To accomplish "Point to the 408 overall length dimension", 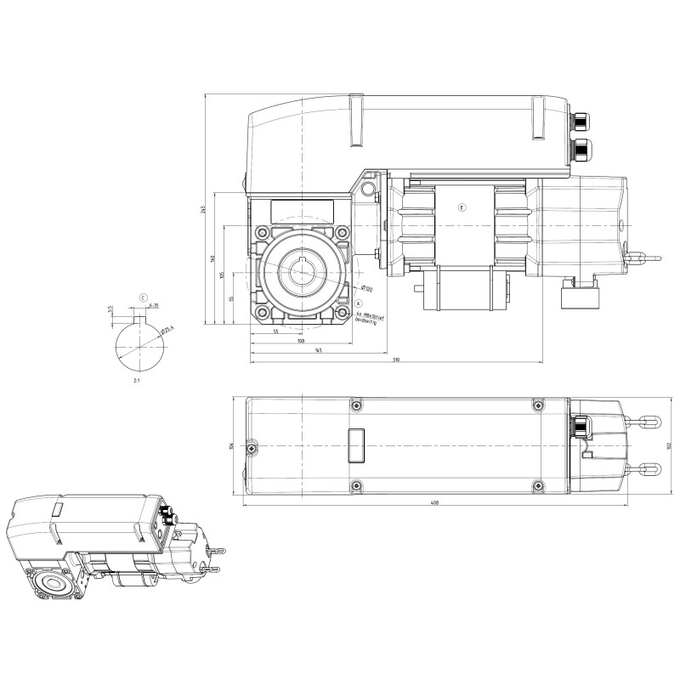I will (434, 503).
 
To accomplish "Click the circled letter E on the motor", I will (462, 207).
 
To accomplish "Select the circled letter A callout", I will (359, 303).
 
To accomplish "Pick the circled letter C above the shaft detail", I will (142, 297).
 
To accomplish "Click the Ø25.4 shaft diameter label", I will (167, 327).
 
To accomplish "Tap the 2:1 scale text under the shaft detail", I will (137, 382).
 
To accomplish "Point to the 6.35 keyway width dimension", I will (154, 304).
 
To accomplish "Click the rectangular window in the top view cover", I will (354, 444).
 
